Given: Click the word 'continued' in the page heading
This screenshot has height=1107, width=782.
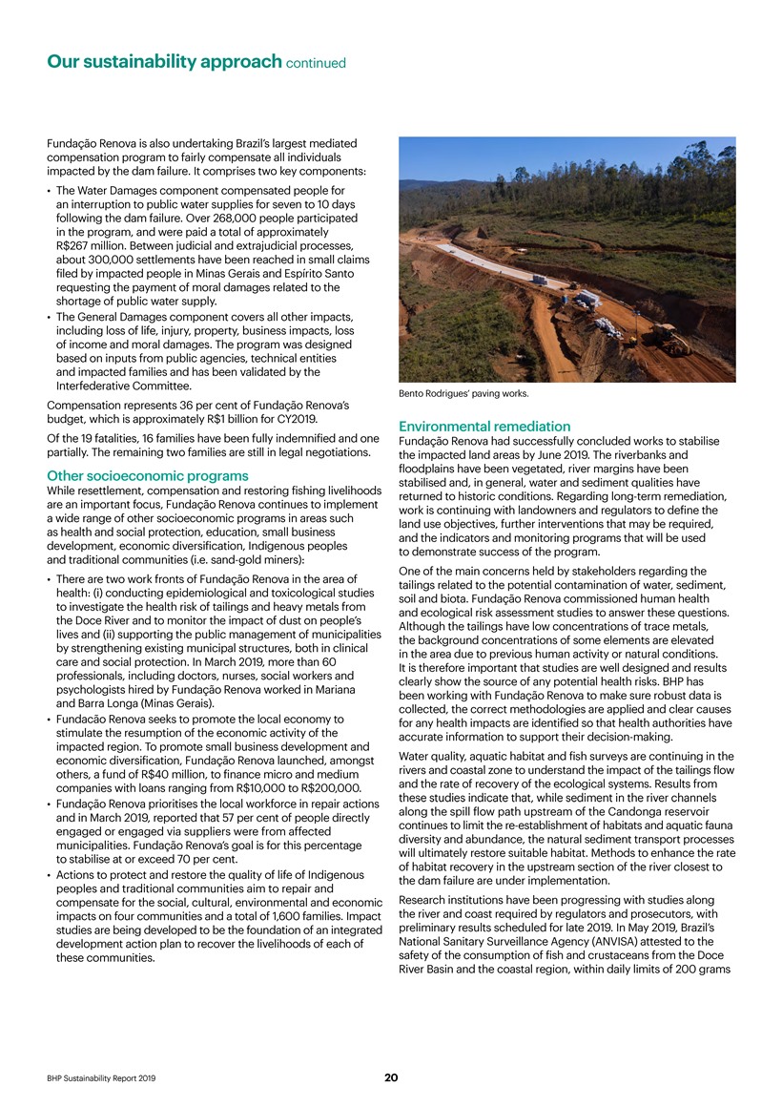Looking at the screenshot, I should (314, 64).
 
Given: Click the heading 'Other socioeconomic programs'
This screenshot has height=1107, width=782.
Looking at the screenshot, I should (147, 476).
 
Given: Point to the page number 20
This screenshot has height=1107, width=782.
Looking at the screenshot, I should (391, 1077).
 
